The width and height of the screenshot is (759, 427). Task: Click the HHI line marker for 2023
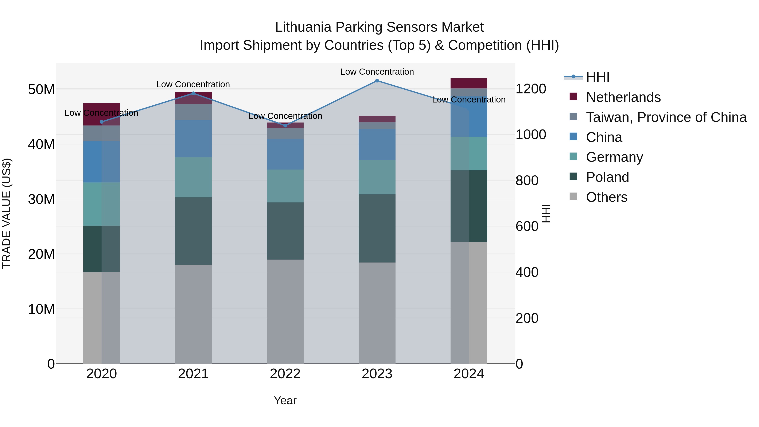(377, 81)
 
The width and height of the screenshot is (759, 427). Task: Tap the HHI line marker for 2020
(102, 122)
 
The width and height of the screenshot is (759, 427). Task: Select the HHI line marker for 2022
(285, 125)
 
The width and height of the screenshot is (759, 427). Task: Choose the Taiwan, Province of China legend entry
(666, 117)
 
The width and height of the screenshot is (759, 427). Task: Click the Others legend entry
(606, 197)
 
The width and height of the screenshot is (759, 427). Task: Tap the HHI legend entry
(597, 77)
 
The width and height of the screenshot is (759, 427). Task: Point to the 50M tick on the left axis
(41, 89)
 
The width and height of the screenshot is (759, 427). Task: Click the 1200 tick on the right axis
(531, 89)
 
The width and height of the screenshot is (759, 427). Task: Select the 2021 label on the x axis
(193, 374)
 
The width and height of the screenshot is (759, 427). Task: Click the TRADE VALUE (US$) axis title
(7, 213)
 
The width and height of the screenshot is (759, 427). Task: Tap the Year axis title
(285, 400)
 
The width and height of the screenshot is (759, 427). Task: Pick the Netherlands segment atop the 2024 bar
(468, 83)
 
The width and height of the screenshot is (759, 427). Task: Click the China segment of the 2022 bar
(285, 154)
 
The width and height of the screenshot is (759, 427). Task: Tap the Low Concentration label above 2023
(377, 72)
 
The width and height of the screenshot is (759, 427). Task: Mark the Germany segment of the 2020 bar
(102, 204)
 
